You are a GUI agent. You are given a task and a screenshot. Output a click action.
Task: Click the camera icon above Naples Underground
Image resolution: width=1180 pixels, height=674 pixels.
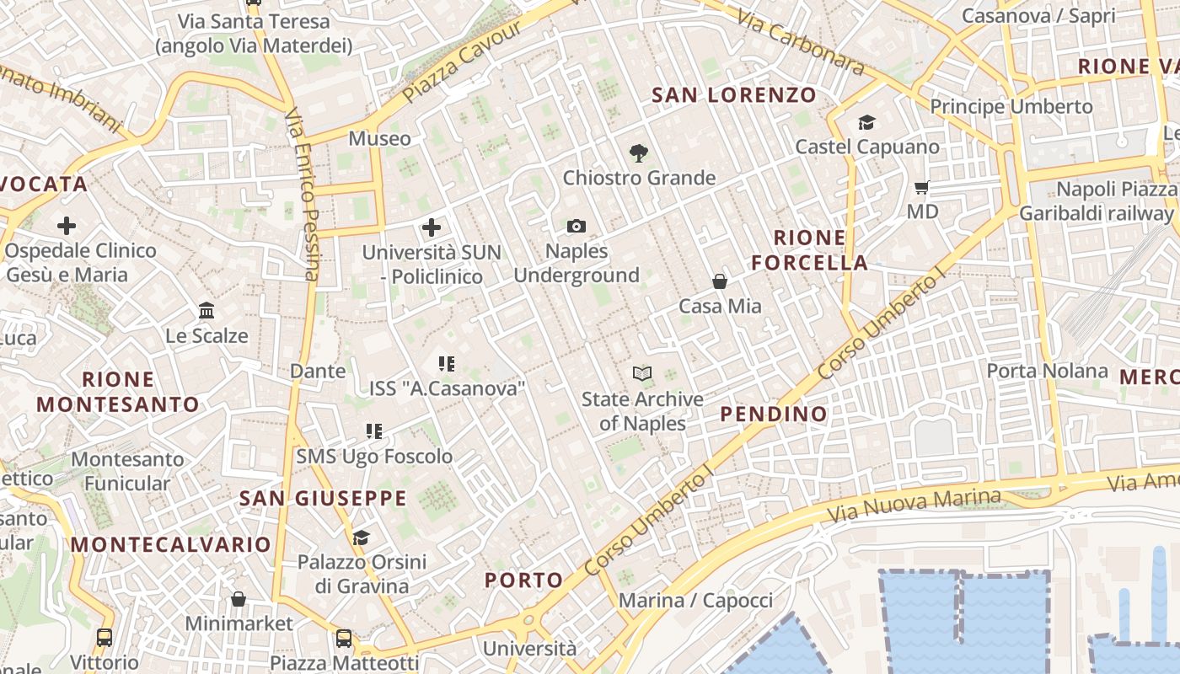pyautogui.click(x=577, y=227)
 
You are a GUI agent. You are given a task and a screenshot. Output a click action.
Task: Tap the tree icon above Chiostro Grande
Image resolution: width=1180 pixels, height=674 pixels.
pyautogui.click(x=639, y=153)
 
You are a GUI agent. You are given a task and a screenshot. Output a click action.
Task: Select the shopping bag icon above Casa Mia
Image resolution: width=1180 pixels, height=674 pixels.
pyautogui.click(x=720, y=281)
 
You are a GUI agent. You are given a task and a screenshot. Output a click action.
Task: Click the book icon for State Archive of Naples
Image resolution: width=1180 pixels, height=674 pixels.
pyautogui.click(x=642, y=373)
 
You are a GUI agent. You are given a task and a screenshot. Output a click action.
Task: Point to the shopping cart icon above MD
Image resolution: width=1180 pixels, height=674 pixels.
pyautogui.click(x=922, y=187)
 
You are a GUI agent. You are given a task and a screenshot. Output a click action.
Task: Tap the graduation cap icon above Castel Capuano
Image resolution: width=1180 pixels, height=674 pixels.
pyautogui.click(x=867, y=123)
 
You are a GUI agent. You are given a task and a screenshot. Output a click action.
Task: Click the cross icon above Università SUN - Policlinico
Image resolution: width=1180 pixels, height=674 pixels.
pyautogui.click(x=432, y=227)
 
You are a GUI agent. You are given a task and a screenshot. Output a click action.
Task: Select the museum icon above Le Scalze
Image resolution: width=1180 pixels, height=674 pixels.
pyautogui.click(x=206, y=311)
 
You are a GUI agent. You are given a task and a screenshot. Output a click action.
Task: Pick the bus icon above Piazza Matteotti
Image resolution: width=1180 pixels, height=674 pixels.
pyautogui.click(x=344, y=638)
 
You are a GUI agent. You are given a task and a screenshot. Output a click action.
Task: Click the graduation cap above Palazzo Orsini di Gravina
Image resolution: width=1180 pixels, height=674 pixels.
pyautogui.click(x=361, y=537)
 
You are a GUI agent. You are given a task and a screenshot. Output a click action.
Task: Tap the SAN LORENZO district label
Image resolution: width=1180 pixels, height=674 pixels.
pyautogui.click(x=734, y=95)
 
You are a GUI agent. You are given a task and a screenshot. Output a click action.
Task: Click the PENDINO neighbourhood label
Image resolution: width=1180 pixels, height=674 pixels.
pyautogui.click(x=774, y=414)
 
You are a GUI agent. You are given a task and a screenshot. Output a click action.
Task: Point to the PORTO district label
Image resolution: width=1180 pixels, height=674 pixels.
pyautogui.click(x=523, y=580)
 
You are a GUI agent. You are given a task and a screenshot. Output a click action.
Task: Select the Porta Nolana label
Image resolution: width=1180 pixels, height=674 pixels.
pyautogui.click(x=1047, y=371)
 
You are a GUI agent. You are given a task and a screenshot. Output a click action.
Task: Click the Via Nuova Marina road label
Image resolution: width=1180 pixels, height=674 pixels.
pyautogui.click(x=914, y=504)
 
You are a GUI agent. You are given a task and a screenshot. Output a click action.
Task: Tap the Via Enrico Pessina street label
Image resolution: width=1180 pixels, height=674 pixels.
pyautogui.click(x=302, y=194)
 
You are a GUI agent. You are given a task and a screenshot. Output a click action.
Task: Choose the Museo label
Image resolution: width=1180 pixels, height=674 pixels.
pyautogui.click(x=380, y=138)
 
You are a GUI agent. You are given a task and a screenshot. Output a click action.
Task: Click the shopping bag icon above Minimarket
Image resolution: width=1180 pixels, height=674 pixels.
pyautogui.click(x=239, y=599)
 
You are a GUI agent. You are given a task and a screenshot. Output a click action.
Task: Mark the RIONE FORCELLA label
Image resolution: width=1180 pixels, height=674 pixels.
pyautogui.click(x=809, y=250)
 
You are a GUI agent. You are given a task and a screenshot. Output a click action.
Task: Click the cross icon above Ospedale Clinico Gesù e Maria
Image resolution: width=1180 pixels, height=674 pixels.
pyautogui.click(x=67, y=226)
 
